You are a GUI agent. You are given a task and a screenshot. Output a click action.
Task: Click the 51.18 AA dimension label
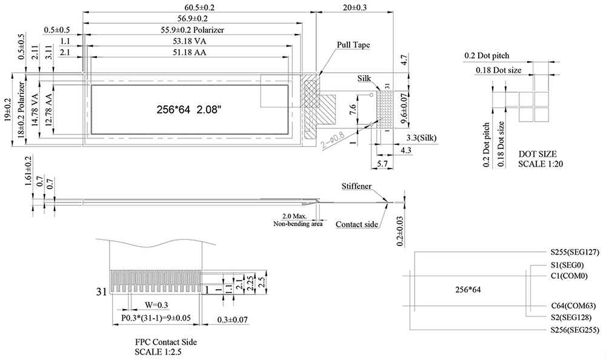tap(187, 53)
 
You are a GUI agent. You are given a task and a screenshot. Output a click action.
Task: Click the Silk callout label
tap(364, 79)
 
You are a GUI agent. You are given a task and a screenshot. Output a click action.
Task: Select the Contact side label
tap(357, 224)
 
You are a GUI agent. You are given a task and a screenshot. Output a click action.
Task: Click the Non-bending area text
tap(298, 224)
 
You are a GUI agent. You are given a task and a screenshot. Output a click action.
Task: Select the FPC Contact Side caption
tap(165, 342)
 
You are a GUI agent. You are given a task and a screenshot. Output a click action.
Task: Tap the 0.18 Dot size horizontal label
tap(498, 70)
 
